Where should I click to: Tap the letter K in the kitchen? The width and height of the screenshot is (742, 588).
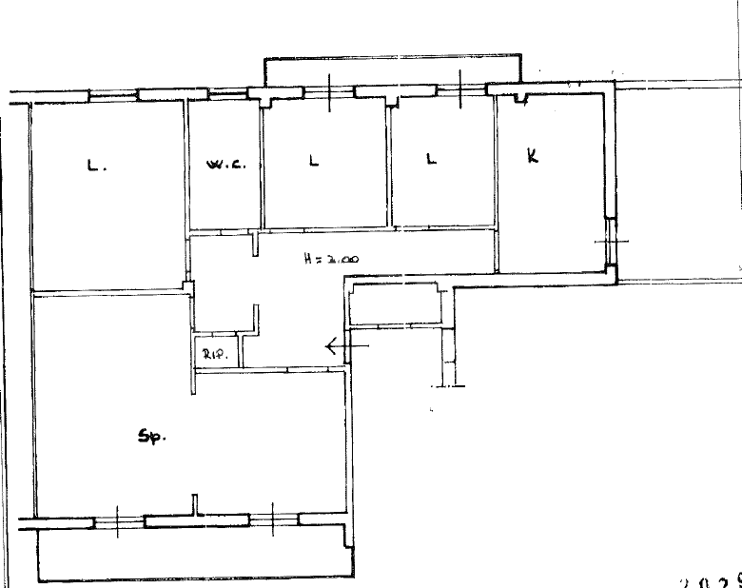(x=533, y=156)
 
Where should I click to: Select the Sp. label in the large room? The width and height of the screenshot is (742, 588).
(x=152, y=438)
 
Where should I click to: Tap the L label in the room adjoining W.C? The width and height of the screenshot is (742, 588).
(x=314, y=161)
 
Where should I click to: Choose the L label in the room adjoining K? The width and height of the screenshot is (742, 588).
(x=431, y=160)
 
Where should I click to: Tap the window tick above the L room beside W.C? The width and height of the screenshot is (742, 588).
(x=329, y=91)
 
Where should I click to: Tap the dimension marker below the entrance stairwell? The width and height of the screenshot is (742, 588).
(x=447, y=385)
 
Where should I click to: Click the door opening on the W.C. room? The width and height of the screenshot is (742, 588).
(x=225, y=231)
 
